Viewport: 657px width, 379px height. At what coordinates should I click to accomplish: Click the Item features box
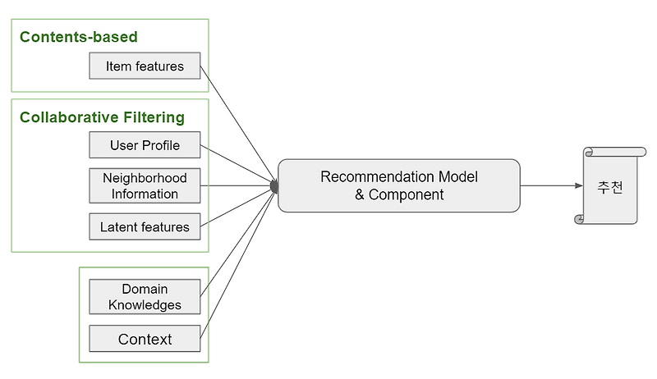(x=145, y=66)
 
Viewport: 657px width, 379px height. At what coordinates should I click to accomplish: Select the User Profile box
(x=145, y=146)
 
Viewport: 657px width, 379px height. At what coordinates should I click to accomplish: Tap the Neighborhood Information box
(x=145, y=186)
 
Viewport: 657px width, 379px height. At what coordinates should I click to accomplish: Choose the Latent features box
(x=145, y=226)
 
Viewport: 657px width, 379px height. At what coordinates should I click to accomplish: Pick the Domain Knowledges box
(x=145, y=297)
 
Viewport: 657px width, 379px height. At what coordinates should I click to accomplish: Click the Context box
(x=145, y=339)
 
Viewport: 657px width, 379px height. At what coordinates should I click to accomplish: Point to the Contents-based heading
(x=79, y=37)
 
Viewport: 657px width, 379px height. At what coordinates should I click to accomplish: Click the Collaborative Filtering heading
(x=102, y=117)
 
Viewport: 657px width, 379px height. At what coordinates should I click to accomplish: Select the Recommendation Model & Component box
(x=399, y=186)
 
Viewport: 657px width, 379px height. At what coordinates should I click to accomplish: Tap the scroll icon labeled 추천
(x=609, y=186)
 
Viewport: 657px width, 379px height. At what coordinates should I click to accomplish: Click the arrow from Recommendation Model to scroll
(x=550, y=186)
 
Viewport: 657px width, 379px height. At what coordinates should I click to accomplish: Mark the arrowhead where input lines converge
(x=274, y=187)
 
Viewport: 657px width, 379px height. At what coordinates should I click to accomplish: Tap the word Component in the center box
(x=407, y=195)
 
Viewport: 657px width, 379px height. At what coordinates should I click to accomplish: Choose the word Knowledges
(x=145, y=305)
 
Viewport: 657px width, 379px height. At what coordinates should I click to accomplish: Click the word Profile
(x=161, y=146)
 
